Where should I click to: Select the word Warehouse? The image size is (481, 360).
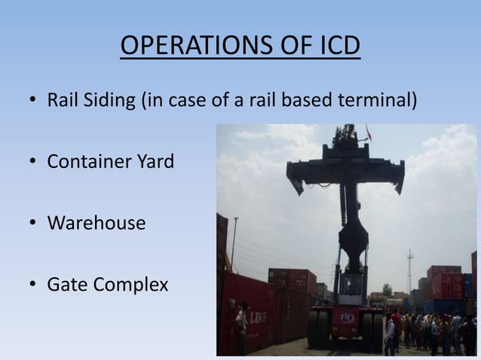pyautogui.click(x=96, y=223)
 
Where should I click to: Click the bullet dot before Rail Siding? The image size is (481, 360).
pyautogui.click(x=33, y=99)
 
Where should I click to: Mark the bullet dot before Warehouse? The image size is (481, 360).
pyautogui.click(x=33, y=224)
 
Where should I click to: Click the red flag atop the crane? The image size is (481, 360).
pyautogui.click(x=369, y=133)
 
